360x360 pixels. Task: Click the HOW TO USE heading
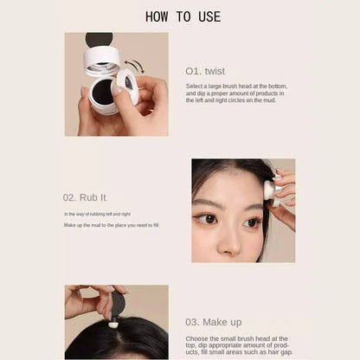click(183, 16)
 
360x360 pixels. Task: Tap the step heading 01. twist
click(204, 71)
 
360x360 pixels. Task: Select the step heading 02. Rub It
click(84, 196)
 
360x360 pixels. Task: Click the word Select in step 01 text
click(194, 87)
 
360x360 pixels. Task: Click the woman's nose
click(231, 231)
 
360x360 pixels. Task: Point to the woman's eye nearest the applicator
click(250, 222)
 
